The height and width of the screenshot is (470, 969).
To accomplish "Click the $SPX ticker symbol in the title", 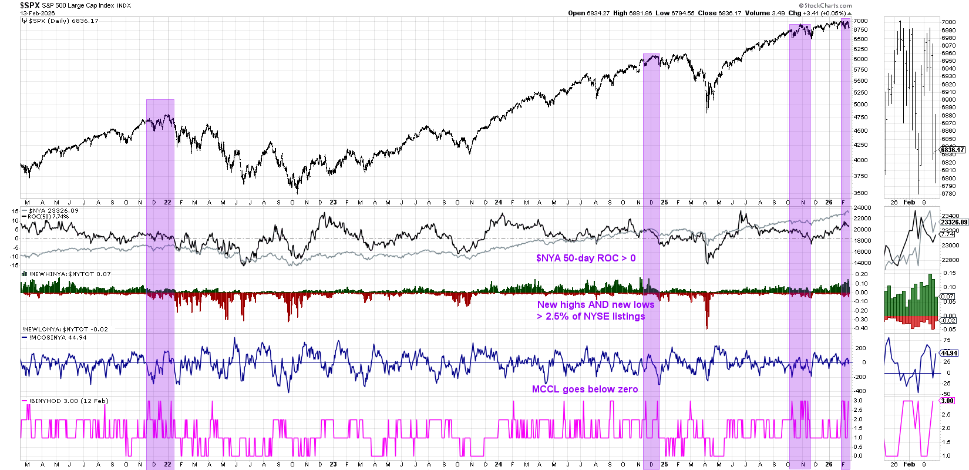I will click(x=30, y=5).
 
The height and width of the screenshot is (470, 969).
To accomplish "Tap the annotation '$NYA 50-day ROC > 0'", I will click(x=586, y=258).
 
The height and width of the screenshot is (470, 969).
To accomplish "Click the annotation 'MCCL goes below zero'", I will click(x=584, y=389).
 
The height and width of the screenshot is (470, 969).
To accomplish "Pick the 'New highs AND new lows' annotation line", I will click(x=595, y=304).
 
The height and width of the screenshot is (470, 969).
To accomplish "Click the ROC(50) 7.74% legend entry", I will click(x=48, y=217).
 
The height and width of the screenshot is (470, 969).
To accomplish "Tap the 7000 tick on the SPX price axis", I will click(x=860, y=21).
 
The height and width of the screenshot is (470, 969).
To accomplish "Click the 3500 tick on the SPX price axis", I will click(x=860, y=193).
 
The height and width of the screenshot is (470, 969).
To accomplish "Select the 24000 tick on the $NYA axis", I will click(x=862, y=208).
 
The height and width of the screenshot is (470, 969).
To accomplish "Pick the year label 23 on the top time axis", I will click(x=333, y=202).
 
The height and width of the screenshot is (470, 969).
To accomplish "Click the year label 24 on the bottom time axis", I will click(x=498, y=464).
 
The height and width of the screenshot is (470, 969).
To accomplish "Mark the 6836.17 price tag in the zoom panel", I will click(x=953, y=150).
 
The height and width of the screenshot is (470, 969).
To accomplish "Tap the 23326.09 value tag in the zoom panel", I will click(x=954, y=222).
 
